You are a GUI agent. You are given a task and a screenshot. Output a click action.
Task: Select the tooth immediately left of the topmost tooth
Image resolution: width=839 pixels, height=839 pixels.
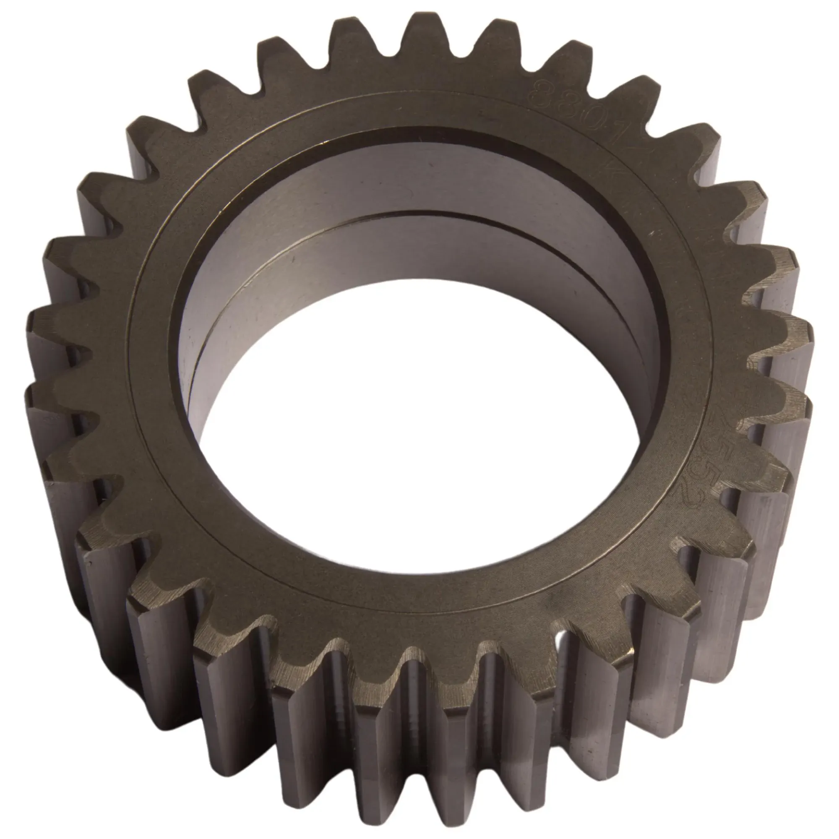[x=347, y=39]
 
